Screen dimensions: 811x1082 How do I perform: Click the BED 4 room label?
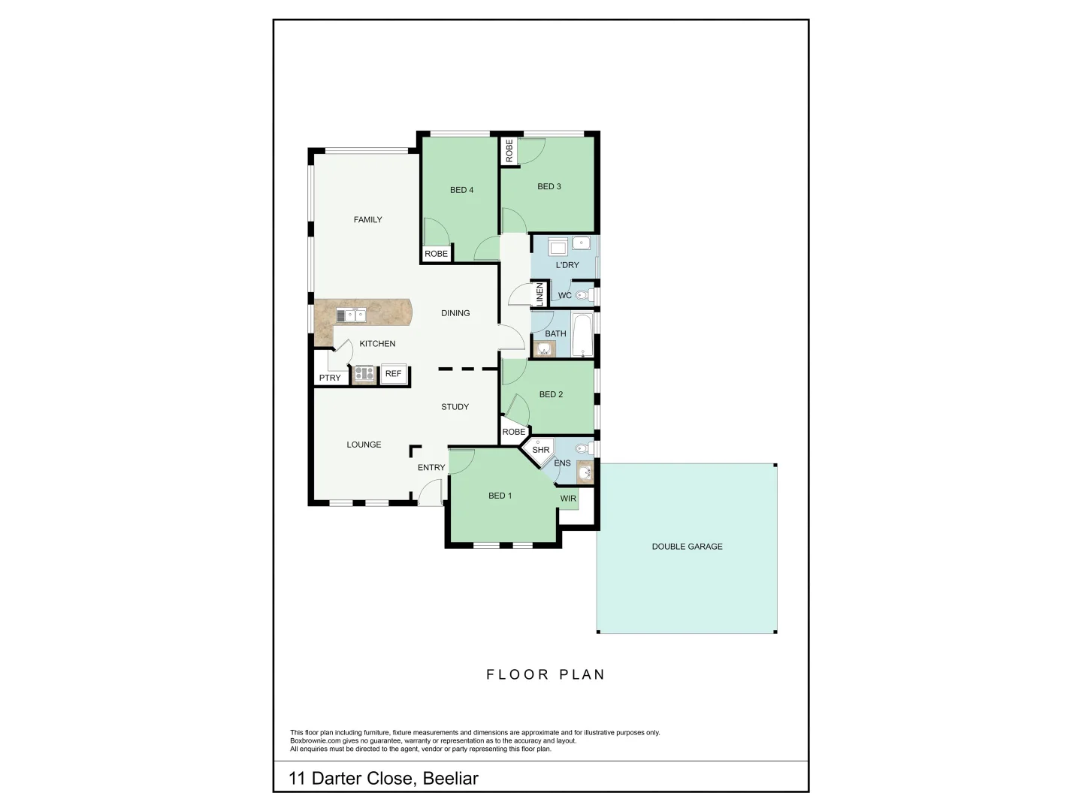pos(461,190)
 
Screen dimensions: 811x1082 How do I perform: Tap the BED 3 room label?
pos(549,186)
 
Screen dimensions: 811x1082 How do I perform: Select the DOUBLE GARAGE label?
pos(687,547)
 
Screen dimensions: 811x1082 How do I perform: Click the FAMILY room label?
pos(368,220)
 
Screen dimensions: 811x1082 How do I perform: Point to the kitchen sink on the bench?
pos(350,315)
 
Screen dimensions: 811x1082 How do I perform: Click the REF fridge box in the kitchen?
pos(393,374)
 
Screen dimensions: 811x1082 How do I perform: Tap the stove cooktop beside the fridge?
pos(364,373)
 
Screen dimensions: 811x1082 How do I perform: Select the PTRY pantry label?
pos(330,378)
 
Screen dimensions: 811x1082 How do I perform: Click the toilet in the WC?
pos(582,295)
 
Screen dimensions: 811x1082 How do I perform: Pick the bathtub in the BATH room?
pos(582,334)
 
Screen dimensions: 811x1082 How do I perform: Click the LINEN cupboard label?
pos(539,294)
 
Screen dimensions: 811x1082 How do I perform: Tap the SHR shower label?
pos(541,450)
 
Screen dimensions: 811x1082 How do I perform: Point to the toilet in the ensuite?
pos(582,449)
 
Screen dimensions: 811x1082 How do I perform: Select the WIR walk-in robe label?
pos(568,499)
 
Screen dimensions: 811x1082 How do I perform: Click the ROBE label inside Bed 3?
pos(509,151)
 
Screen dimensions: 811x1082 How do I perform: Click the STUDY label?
pos(455,407)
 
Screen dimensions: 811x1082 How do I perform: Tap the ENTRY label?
pos(431,467)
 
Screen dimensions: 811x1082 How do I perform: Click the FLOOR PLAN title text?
pos(546,674)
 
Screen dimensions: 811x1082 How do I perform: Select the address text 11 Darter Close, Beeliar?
pos(383,778)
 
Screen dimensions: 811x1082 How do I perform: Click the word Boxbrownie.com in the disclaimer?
pos(316,740)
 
